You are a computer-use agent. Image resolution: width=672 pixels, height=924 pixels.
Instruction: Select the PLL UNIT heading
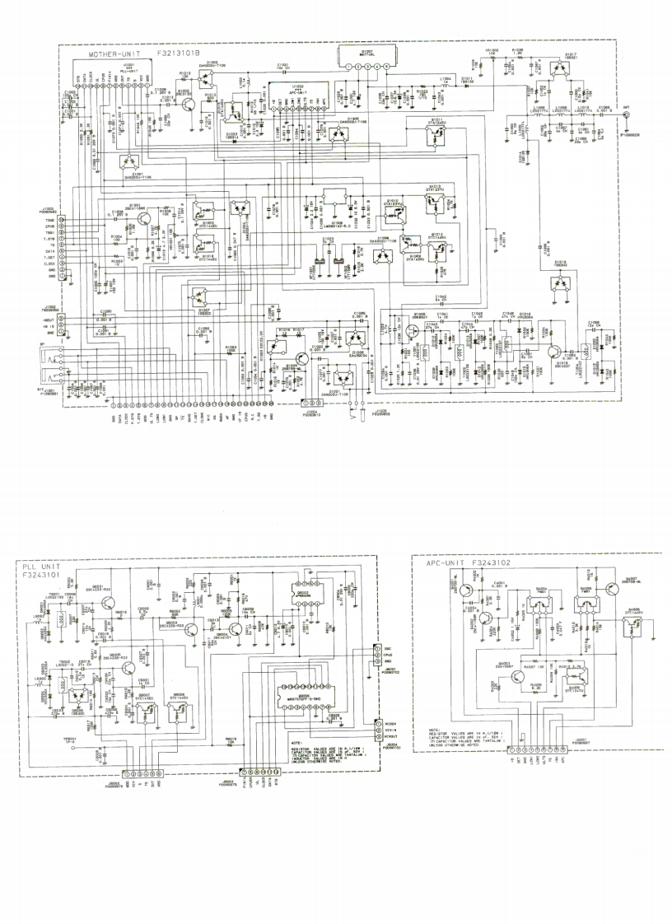click(42, 567)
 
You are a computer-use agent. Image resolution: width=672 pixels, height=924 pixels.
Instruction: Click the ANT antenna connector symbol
click(627, 115)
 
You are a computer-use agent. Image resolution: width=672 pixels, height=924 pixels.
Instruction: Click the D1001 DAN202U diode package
click(127, 161)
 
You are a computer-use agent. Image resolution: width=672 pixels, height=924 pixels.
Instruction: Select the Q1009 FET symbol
click(410, 332)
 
